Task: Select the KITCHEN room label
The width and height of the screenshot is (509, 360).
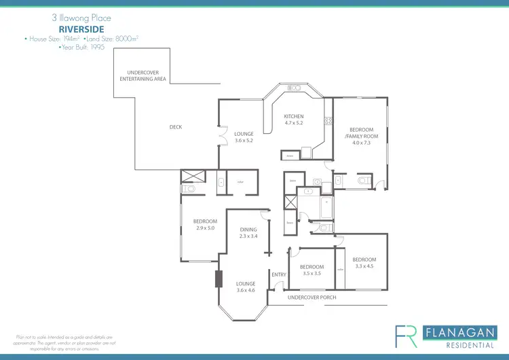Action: (294, 117)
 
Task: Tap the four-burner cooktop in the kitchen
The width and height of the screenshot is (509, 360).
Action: (328, 121)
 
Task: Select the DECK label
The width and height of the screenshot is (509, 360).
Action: (175, 127)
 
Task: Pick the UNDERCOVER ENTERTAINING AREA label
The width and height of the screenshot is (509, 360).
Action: (143, 75)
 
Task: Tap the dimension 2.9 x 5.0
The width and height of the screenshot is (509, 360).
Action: (205, 228)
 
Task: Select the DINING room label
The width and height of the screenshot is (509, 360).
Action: (248, 230)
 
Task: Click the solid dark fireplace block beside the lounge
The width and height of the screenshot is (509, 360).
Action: (219, 279)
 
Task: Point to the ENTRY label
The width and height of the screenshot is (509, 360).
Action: (278, 274)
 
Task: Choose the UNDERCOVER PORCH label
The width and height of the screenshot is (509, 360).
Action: (312, 298)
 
